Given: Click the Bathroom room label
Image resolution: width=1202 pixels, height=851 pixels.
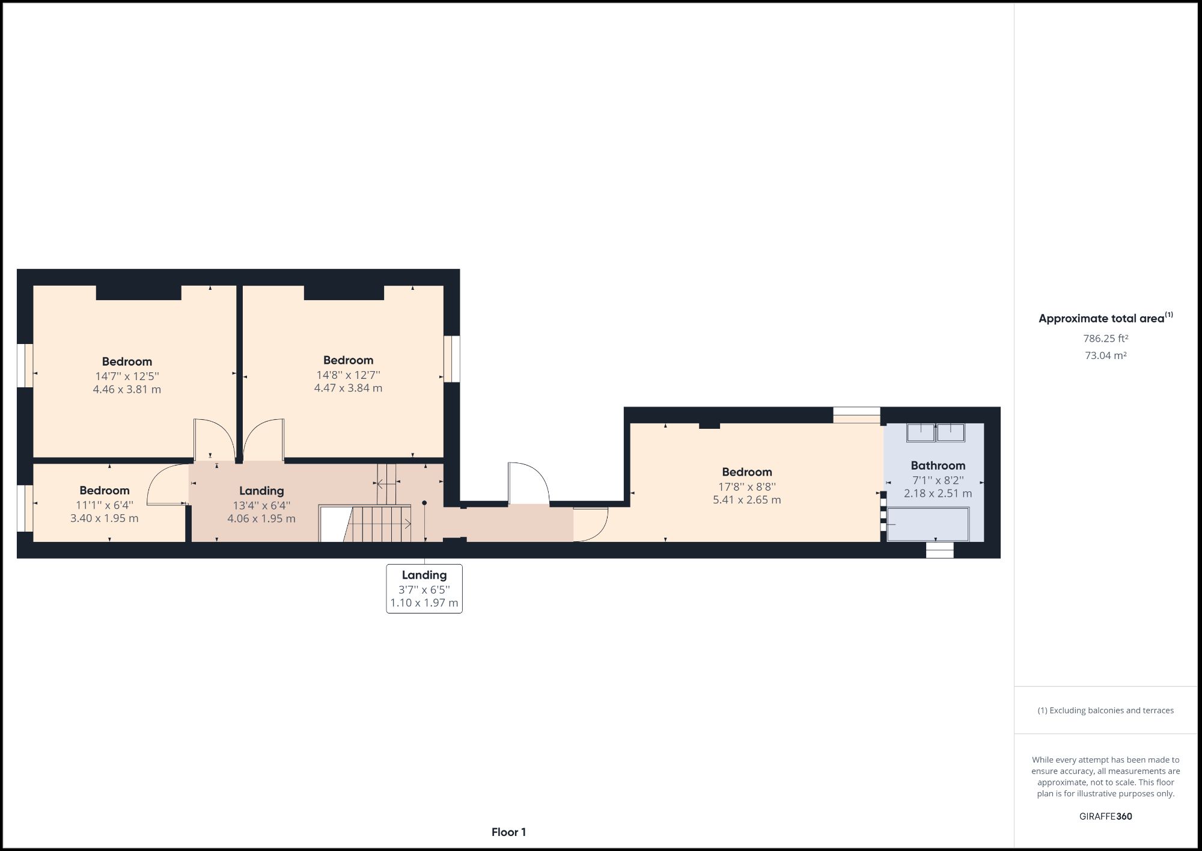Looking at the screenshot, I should coord(938,465).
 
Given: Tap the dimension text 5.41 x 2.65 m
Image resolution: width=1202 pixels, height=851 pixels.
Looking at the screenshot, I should coord(746,500).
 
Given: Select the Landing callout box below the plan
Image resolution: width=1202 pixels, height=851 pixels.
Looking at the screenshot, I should coord(424,589).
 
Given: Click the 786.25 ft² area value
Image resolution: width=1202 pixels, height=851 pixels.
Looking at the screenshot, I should coord(1105,339).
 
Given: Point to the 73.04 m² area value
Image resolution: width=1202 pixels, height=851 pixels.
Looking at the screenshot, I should coord(1105,355).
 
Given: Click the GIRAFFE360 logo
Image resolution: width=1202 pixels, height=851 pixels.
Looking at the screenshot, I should coord(1105,816).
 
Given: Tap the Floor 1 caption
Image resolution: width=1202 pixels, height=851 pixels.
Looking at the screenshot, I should coord(508,832).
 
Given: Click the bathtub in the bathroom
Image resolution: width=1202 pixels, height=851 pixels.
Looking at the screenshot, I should coord(928,524).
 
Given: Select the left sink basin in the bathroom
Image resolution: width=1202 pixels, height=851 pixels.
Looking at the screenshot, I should coord(920,432).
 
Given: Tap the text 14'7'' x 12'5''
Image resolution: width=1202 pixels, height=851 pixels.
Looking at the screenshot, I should coord(127,376).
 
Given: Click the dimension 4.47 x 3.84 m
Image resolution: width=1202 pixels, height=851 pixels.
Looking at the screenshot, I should coord(348,388).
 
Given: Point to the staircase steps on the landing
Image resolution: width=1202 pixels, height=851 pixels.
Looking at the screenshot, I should coord(379,523).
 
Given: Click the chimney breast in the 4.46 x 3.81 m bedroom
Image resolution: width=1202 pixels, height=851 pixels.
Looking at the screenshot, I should coord(138,293).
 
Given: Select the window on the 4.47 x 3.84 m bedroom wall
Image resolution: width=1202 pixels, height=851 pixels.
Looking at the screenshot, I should coord(452,358).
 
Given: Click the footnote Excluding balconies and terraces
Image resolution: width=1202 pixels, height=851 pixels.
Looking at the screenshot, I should coord(1105,710).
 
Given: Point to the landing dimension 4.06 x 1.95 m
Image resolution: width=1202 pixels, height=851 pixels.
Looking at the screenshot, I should coord(261,518).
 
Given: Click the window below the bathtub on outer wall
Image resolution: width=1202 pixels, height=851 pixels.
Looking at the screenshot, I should coord(939,550).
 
